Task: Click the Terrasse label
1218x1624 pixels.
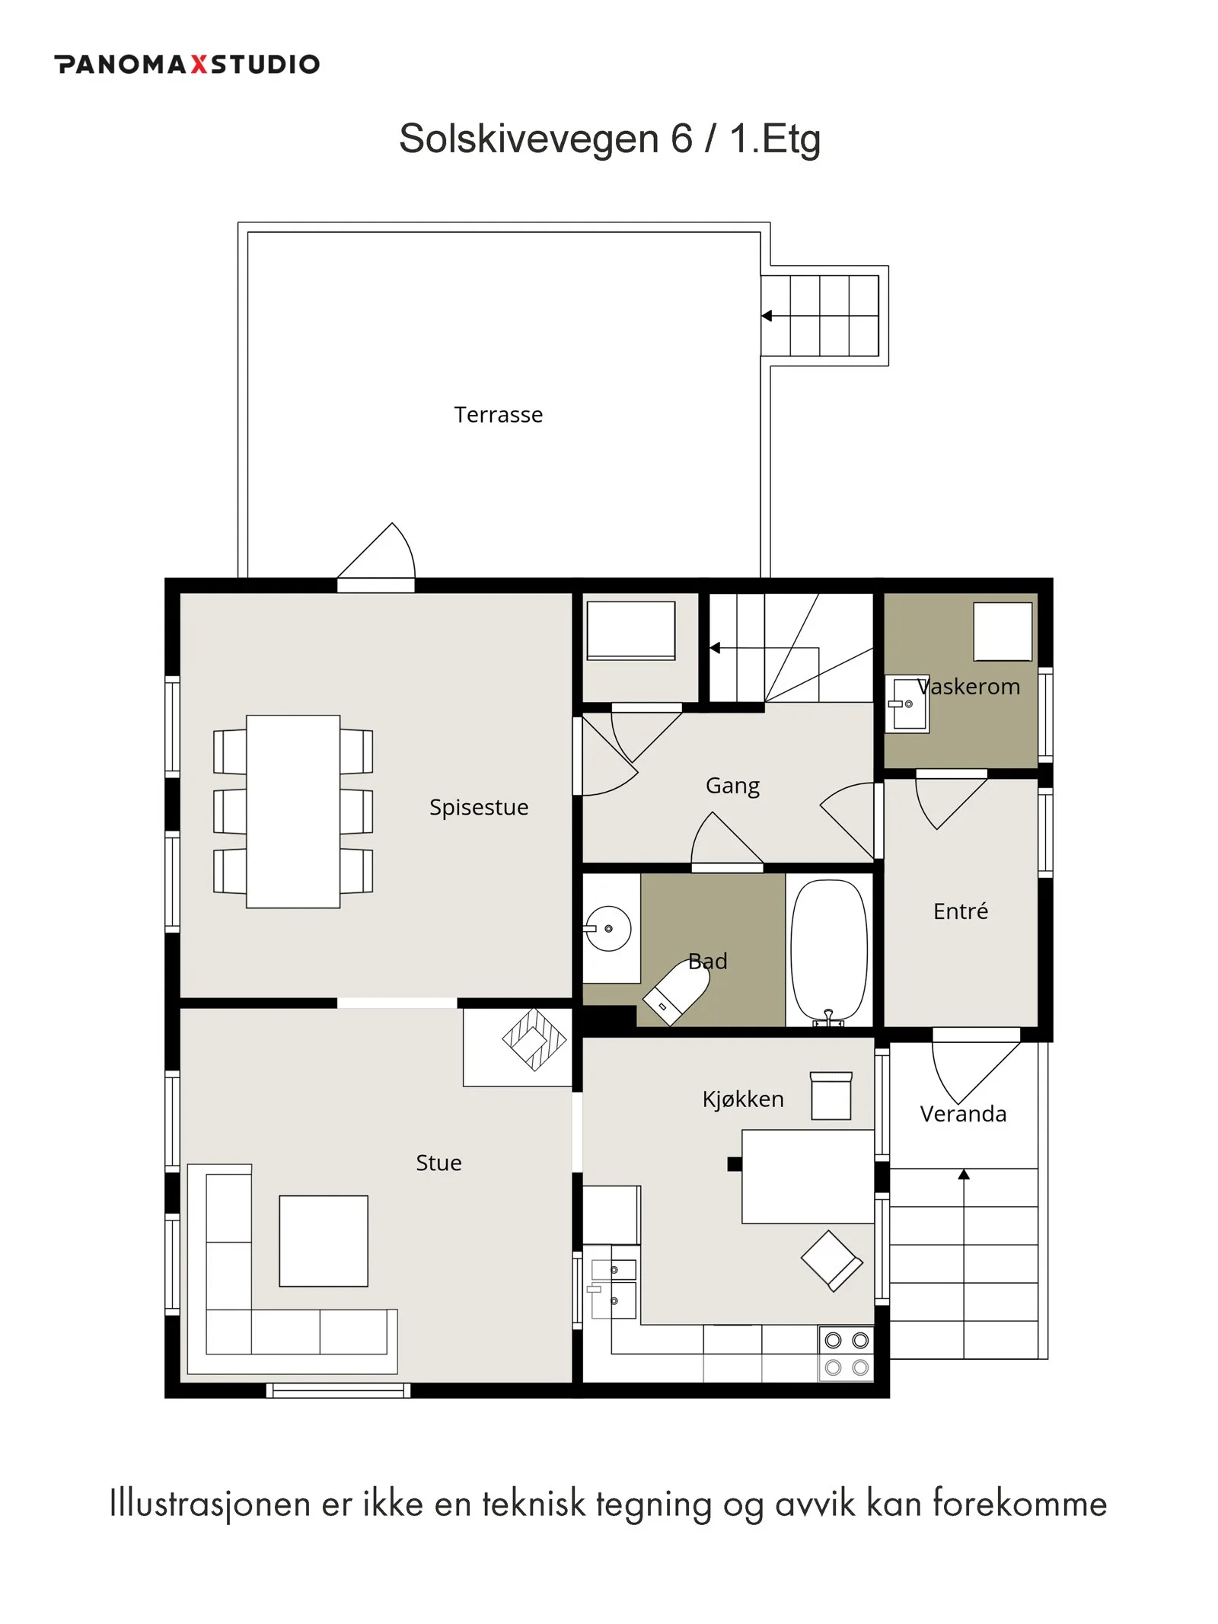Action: pos(498,414)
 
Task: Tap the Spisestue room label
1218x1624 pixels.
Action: pos(478,807)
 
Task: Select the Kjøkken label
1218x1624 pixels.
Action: pos(742,1099)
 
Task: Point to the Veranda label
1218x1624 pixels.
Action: pos(962,1114)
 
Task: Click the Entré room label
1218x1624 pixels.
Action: pos(960,911)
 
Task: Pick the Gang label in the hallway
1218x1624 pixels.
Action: pos(732,786)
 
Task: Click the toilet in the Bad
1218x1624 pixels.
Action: pos(675,991)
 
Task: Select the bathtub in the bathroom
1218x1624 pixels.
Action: pos(828,951)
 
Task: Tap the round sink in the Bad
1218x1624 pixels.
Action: pos(608,928)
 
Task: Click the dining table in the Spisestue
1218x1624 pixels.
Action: pos(293,811)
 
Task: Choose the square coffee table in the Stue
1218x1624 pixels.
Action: pos(324,1241)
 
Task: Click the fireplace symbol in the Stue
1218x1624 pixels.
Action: pos(534,1039)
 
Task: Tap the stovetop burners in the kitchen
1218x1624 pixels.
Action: pos(846,1354)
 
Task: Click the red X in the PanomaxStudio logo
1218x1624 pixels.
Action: pos(199,64)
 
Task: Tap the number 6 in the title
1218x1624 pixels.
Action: pos(682,139)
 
